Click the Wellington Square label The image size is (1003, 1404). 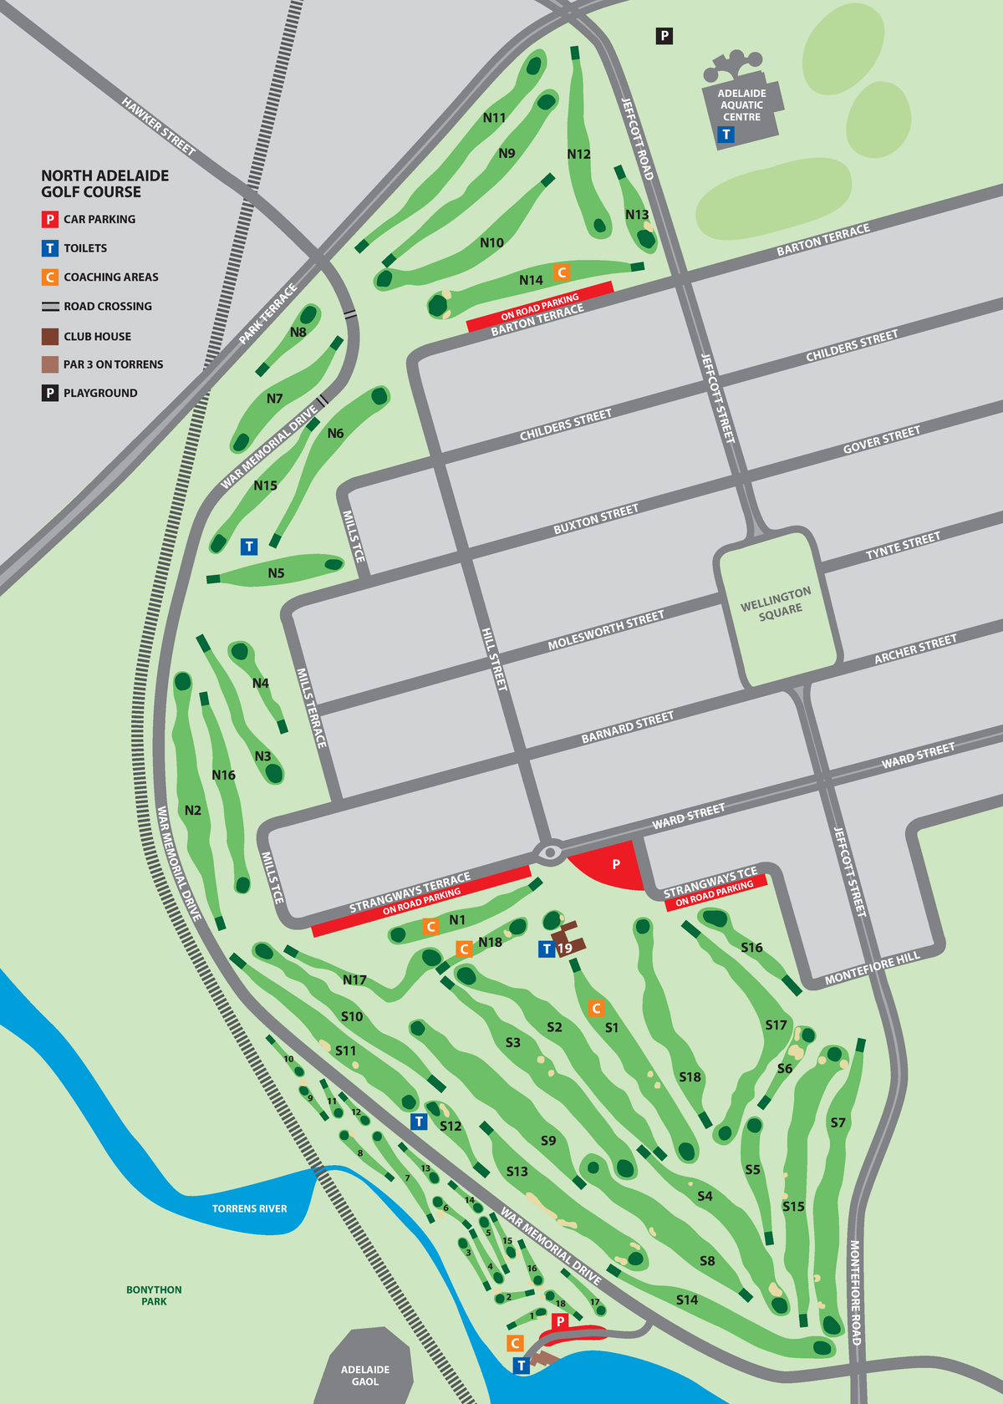(776, 603)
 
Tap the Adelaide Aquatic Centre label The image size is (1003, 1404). (741, 105)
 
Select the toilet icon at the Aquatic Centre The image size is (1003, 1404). (726, 135)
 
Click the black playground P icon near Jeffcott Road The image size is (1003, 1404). (664, 36)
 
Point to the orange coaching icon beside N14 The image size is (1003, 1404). (562, 272)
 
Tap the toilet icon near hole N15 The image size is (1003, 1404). (249, 547)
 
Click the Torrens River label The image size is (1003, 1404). (249, 1208)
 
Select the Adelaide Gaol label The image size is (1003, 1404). (365, 1375)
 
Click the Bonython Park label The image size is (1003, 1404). (154, 1295)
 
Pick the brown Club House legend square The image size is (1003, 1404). (50, 336)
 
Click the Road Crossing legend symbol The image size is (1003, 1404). (50, 307)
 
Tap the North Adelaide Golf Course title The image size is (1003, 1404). (104, 184)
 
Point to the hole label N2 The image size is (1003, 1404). (193, 810)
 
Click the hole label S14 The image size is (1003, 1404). (687, 1300)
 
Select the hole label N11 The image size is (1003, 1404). (494, 118)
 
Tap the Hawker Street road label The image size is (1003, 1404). (159, 126)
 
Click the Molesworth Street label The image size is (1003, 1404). (606, 631)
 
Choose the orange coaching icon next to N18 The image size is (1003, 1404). (464, 949)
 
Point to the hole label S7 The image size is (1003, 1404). (838, 1122)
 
